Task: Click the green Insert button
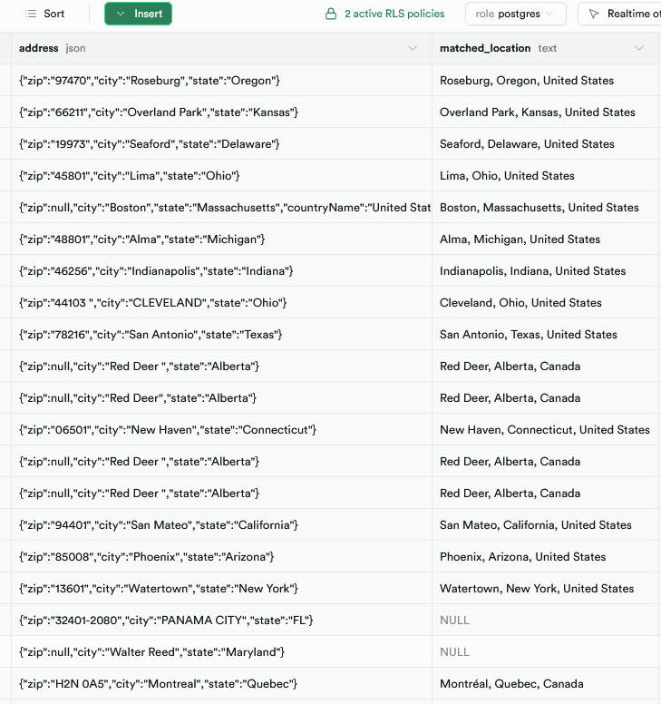pos(138,14)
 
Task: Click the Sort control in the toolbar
pos(45,14)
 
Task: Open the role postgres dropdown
pos(515,14)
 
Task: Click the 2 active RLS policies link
pos(385,14)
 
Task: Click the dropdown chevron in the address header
pos(413,48)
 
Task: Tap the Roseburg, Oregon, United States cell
pos(526,81)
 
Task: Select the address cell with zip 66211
pos(159,112)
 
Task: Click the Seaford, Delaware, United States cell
pos(527,144)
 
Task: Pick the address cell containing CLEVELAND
pos(154,303)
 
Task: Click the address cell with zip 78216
pos(151,335)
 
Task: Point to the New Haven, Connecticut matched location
pos(544,430)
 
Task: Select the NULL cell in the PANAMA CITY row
pos(454,621)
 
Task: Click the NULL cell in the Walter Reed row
pos(454,652)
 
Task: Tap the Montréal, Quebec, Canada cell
pos(511,684)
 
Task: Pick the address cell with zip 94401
pos(159,525)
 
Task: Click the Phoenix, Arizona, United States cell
pos(522,557)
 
